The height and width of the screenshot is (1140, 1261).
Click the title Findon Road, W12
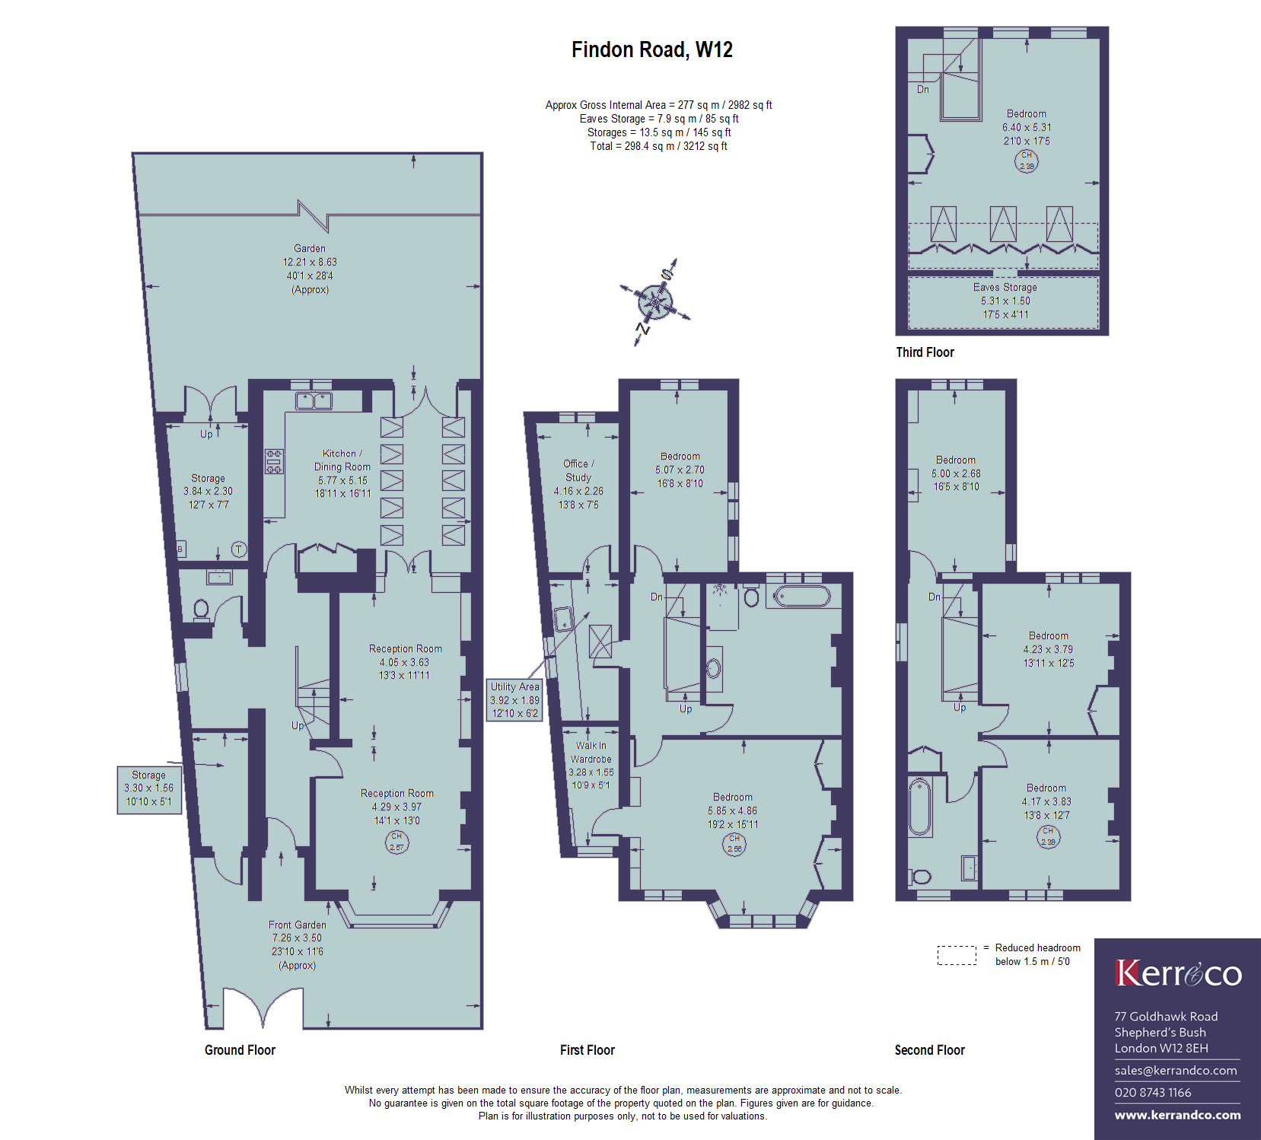(x=652, y=50)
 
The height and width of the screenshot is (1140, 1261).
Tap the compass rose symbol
(x=655, y=302)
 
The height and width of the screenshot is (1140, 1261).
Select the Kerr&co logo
(x=1178, y=973)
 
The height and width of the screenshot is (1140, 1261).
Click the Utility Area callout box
(x=514, y=700)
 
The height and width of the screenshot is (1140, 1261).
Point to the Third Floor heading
(x=925, y=352)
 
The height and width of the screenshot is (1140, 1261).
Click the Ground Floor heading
(x=240, y=1050)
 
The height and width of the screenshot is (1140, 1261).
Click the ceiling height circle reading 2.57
(x=396, y=842)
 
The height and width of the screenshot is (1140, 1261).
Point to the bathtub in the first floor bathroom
(x=803, y=596)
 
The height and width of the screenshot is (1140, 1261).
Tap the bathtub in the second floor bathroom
(x=920, y=807)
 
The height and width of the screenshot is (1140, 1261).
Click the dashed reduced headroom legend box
(x=957, y=955)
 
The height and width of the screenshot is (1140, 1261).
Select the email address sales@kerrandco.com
(x=1176, y=1070)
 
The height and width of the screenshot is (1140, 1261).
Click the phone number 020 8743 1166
(x=1153, y=1093)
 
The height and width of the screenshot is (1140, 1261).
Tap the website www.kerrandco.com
(x=1177, y=1115)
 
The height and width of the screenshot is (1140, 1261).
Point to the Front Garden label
(x=298, y=945)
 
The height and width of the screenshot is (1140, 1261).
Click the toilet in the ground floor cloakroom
(x=202, y=610)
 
